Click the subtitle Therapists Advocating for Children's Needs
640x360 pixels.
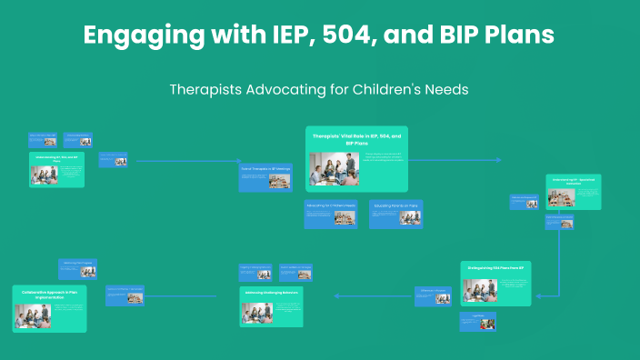coord(319,91)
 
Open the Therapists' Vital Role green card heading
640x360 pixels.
coord(356,138)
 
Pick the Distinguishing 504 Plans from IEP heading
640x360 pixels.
coord(495,268)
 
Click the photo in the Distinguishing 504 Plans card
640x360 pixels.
coord(480,290)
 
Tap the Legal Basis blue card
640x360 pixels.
coord(477,320)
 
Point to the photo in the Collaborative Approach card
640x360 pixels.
coord(32,315)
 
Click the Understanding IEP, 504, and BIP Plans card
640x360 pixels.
coord(56,169)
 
